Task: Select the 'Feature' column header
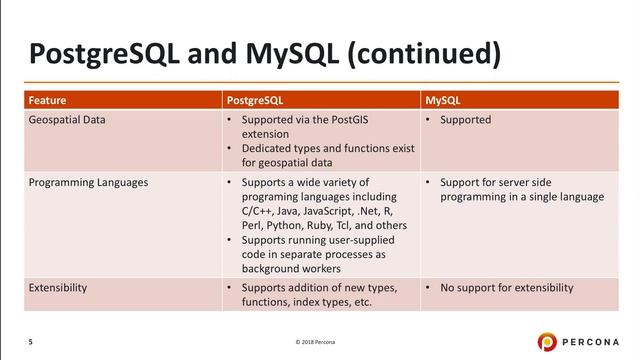coord(47,100)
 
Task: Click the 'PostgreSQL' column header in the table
coord(258,100)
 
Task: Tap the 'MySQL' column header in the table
coord(444,100)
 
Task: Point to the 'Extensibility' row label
coord(57,288)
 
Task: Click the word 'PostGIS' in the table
coord(357,120)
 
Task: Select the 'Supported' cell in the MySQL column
coord(466,120)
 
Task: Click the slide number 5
coord(30,342)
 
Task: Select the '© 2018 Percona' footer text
coord(320,343)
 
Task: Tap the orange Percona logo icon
coord(550,341)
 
